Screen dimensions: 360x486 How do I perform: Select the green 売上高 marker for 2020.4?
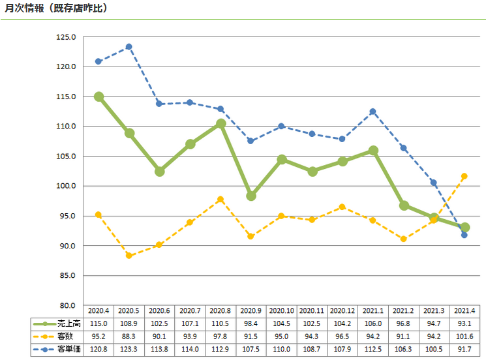99,97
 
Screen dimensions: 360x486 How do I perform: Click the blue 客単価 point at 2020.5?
129,47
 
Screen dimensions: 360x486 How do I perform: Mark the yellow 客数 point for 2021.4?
464,176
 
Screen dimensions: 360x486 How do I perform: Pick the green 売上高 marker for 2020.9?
251,196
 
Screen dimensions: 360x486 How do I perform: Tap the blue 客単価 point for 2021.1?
373,112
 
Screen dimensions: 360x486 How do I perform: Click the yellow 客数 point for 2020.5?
129,256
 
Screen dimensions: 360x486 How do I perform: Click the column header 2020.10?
282,311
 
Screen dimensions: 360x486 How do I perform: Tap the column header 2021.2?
404,311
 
